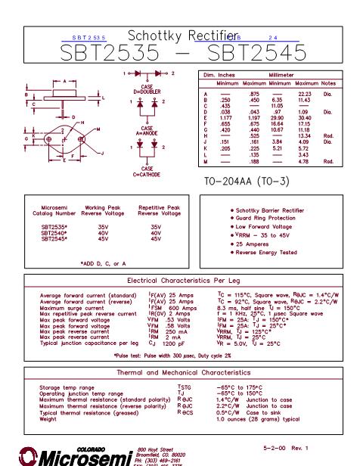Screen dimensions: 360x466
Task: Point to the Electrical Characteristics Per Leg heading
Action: [179, 280]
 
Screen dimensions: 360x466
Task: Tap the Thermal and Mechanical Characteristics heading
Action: [179, 372]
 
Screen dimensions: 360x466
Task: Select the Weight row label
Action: [48, 419]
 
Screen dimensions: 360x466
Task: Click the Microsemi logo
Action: [63, 455]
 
